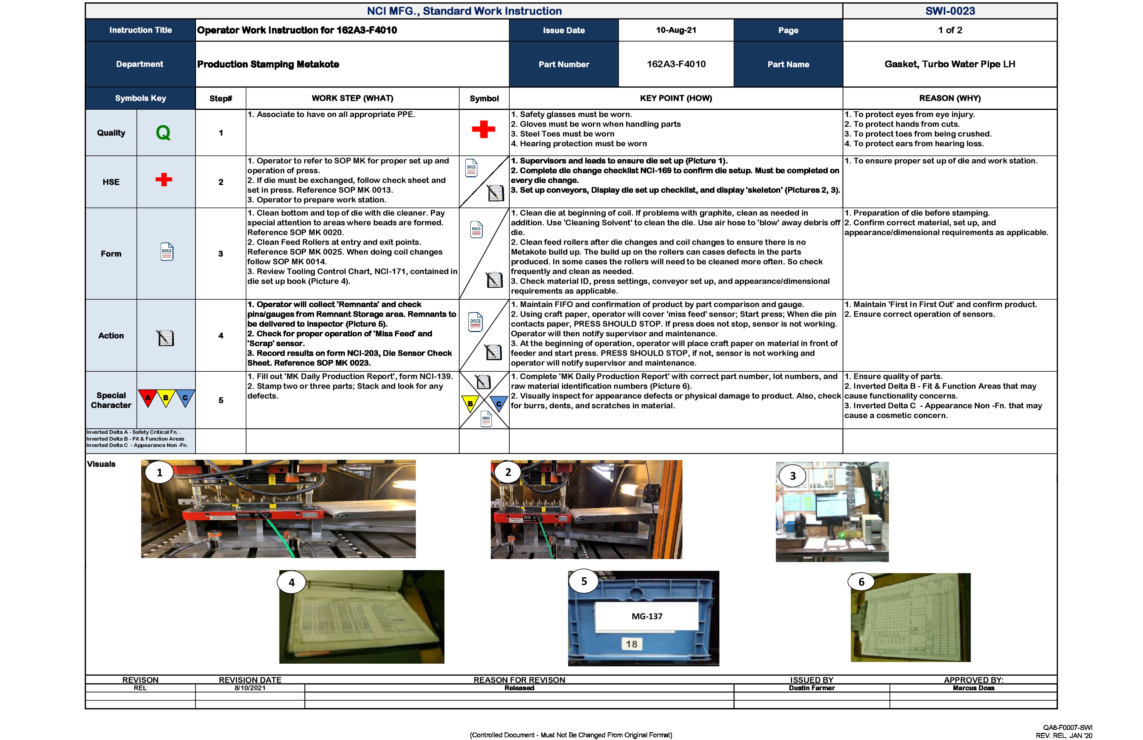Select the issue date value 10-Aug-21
pos(676,30)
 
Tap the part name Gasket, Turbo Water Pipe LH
pos(949,64)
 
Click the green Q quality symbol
pos(163,133)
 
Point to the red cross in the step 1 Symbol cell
pos(483,129)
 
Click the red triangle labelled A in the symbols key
pos(148,397)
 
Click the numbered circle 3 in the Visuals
pos(792,476)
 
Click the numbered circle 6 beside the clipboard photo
pos(861,582)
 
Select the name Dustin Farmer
pos(811,688)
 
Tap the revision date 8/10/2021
pos(250,688)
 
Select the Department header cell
pos(140,64)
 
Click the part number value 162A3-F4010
pos(676,64)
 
